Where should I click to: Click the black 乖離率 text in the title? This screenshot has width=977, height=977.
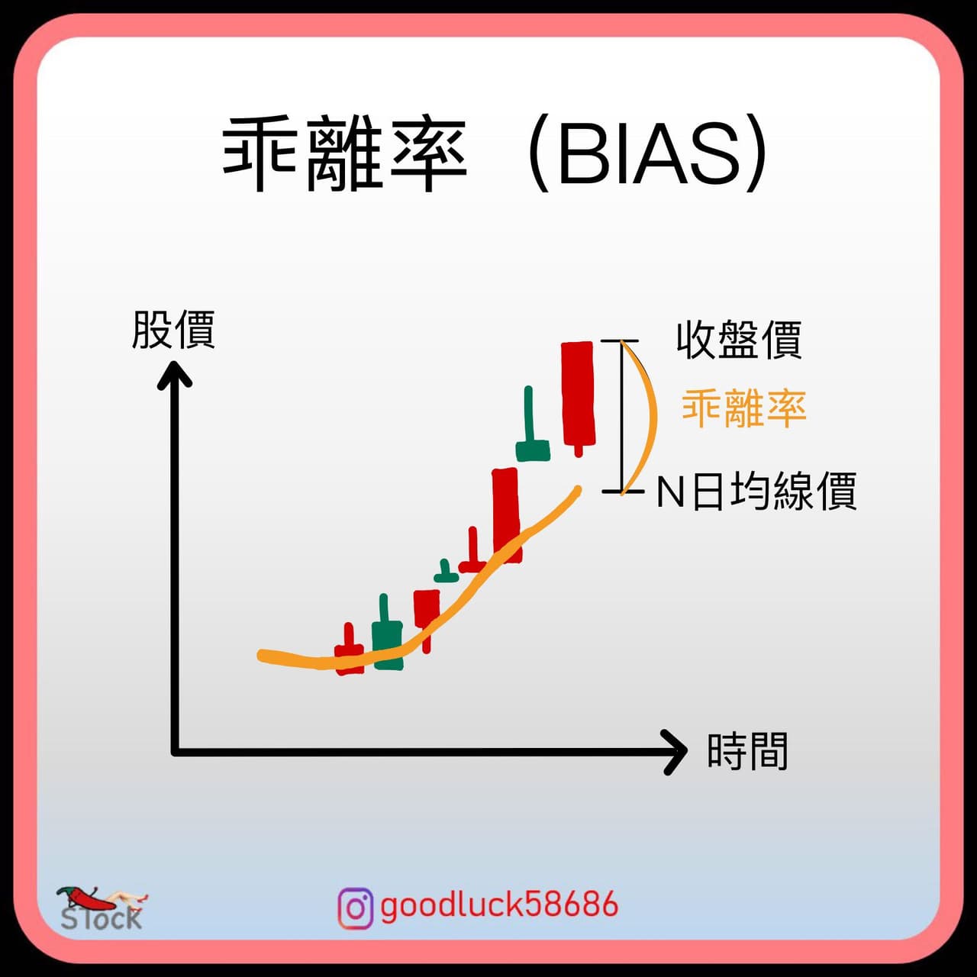coord(344,154)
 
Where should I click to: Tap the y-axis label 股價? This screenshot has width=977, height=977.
coord(174,330)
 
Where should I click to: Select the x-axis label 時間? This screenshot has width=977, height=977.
coord(746,751)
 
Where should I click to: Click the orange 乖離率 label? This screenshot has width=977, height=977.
coord(743,408)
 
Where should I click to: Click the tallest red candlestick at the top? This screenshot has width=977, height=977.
coord(578,397)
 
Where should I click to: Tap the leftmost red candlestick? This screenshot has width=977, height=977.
coord(349,652)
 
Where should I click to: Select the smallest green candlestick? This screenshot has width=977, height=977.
coord(447,572)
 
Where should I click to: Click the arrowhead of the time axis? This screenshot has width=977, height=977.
coord(676,752)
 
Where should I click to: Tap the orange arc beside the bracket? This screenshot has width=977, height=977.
coord(653,416)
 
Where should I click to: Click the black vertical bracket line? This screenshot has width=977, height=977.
coord(623,416)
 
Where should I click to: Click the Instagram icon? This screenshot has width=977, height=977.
coord(356,908)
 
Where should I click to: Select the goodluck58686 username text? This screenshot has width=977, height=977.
coord(499,904)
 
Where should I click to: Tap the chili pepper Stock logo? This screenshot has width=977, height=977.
coord(102,909)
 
